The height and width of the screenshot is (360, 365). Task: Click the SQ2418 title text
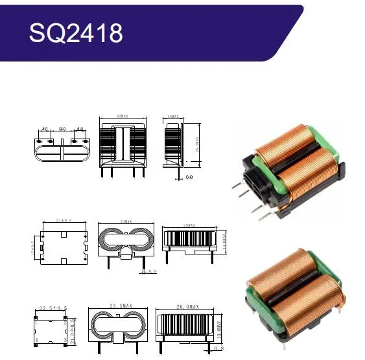(75, 32)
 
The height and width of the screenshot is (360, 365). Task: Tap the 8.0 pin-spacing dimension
(63, 130)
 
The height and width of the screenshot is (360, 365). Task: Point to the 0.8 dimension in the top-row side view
(189, 176)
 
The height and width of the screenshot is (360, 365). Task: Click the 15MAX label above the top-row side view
(174, 117)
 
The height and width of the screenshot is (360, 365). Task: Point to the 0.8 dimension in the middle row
(152, 271)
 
